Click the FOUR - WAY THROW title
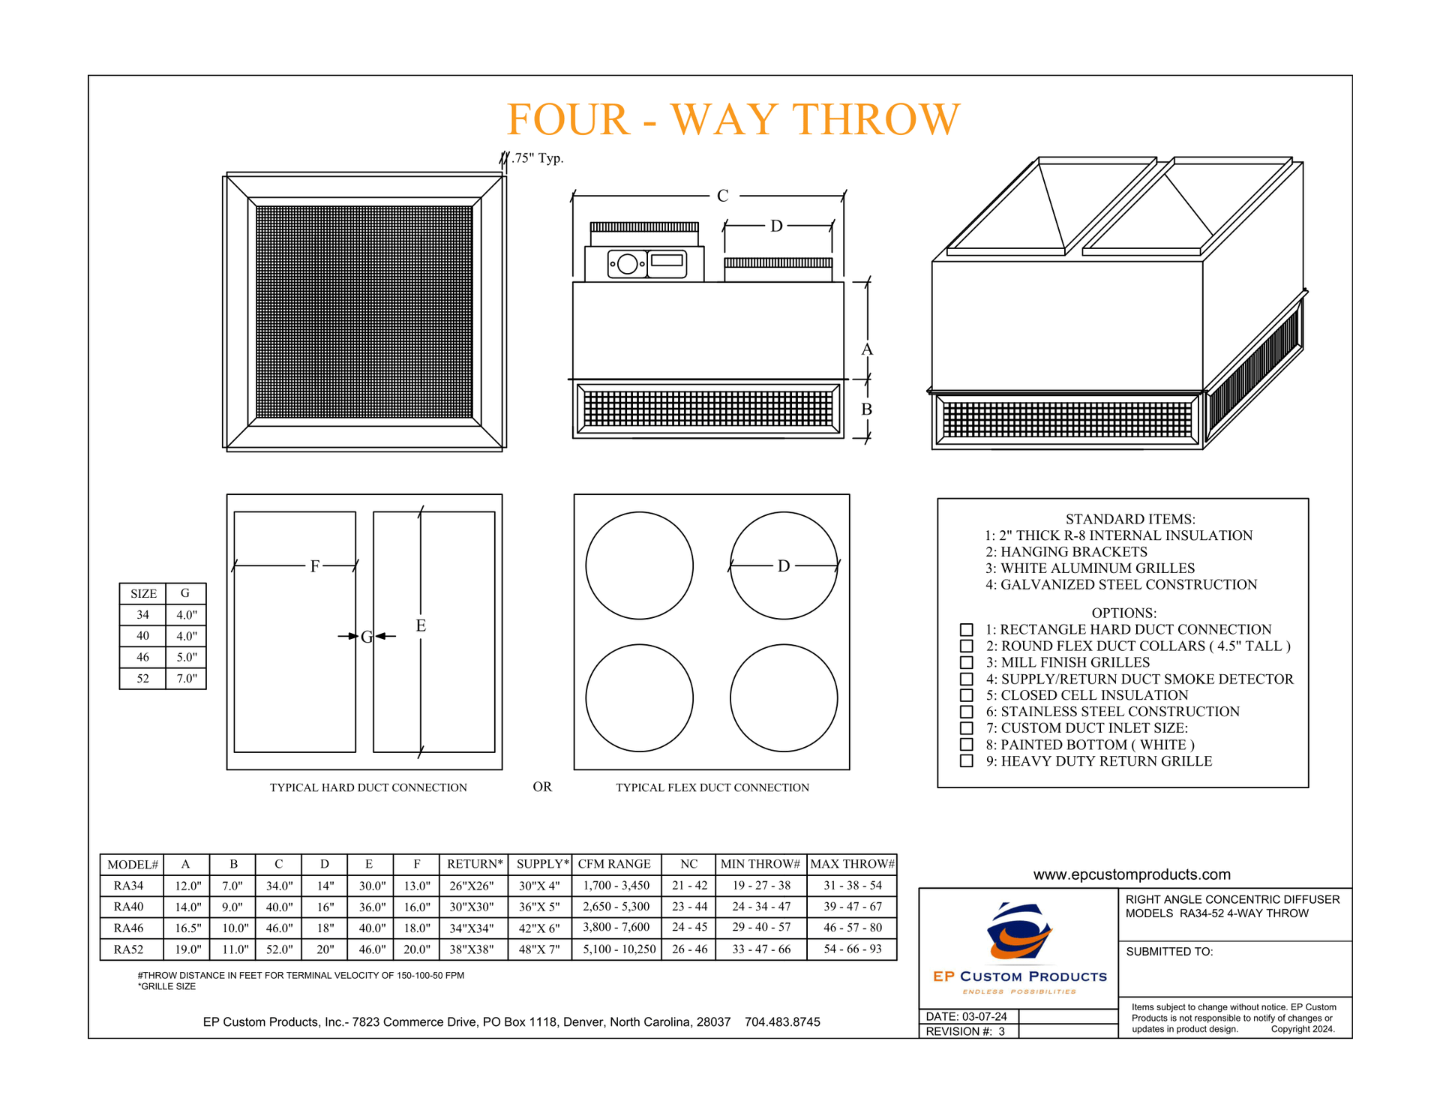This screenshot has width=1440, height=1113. tap(733, 119)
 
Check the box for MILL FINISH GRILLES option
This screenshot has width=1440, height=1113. tap(967, 662)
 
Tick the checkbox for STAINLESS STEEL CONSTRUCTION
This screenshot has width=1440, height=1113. tap(967, 712)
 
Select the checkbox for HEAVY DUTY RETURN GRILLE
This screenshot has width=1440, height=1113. tap(967, 761)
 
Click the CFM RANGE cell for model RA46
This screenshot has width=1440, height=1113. tap(616, 928)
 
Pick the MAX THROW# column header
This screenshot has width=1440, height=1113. tap(852, 864)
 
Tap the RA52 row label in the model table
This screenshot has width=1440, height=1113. tap(128, 949)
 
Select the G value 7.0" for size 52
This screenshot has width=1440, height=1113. tap(186, 679)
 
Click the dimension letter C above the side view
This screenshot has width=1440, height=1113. tap(722, 196)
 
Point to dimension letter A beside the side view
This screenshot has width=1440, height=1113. tap(867, 349)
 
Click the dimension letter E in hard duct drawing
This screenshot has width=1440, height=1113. tap(421, 625)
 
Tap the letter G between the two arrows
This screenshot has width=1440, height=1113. tap(366, 637)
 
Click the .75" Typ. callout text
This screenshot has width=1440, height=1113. tap(537, 158)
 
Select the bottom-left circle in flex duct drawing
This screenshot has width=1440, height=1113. tap(639, 697)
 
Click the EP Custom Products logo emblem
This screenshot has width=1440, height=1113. tap(1018, 933)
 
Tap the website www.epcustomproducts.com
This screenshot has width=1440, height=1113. tap(1131, 874)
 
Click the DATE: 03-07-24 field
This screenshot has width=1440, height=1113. tap(966, 1016)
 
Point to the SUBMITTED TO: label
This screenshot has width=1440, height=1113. tap(1168, 952)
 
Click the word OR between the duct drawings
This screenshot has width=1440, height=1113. tap(542, 787)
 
